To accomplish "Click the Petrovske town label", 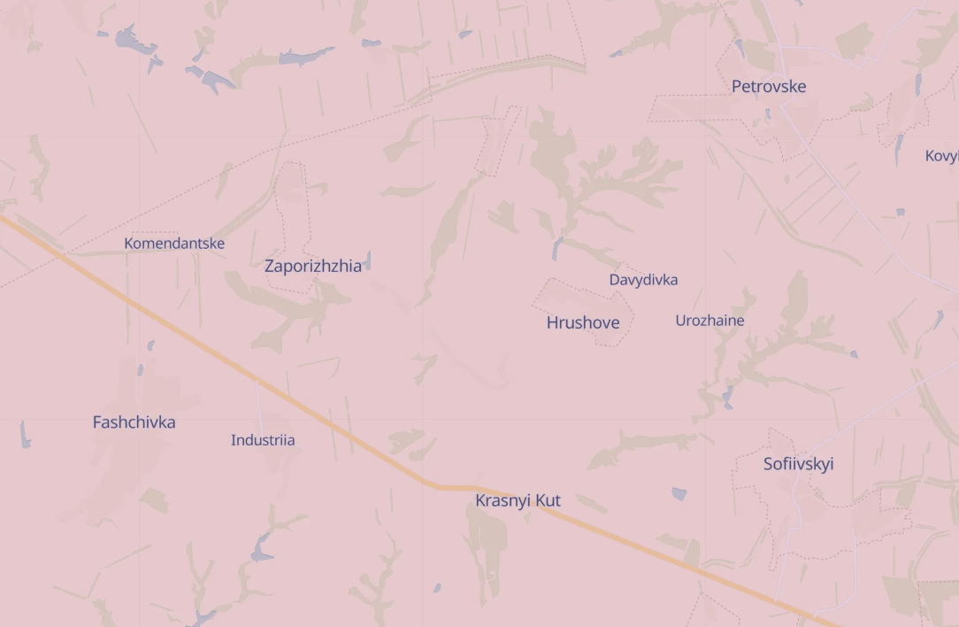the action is [x=768, y=87].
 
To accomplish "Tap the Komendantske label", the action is [x=174, y=244].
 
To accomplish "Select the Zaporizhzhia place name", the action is [x=312, y=266].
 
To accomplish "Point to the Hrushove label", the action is [x=583, y=323].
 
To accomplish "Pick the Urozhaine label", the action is [x=710, y=321].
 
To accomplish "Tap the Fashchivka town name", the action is [x=134, y=422].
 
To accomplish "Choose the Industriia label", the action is [x=263, y=440].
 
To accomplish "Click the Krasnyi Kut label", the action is [x=518, y=501].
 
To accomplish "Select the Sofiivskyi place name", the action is [x=798, y=464].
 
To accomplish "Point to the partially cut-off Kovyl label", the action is [x=941, y=157].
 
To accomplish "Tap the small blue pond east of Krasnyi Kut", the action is [x=679, y=493].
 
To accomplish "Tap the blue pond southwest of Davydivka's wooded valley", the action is [x=556, y=248].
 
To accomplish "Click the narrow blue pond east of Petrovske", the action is [x=899, y=146].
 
